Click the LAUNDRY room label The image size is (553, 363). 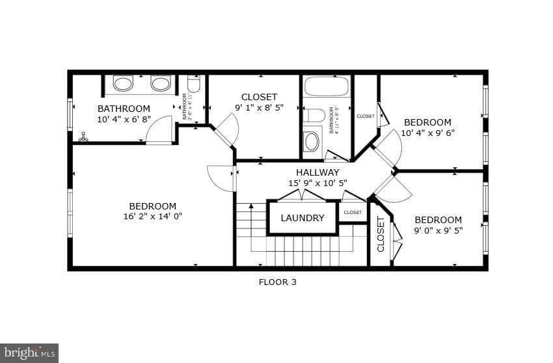click(303, 218)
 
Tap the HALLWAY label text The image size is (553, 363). click(317, 172)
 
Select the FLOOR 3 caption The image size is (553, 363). click(277, 282)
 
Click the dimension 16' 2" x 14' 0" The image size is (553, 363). click(152, 217)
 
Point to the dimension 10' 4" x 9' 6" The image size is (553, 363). click(427, 133)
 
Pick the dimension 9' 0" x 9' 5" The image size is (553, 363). click(438, 230)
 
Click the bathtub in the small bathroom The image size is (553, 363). click(326, 87)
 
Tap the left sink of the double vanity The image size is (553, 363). click(123, 83)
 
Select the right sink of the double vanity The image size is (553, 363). click(161, 83)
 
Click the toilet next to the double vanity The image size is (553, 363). click(194, 85)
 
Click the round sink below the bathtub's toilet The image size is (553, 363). click(312, 141)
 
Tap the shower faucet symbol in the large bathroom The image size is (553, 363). click(83, 137)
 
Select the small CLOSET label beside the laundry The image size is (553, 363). click(353, 212)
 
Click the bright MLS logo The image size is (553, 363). click(29, 353)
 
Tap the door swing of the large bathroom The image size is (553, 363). click(159, 131)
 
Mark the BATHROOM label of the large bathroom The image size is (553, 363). click(124, 109)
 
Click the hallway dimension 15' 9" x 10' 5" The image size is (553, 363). click(317, 183)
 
